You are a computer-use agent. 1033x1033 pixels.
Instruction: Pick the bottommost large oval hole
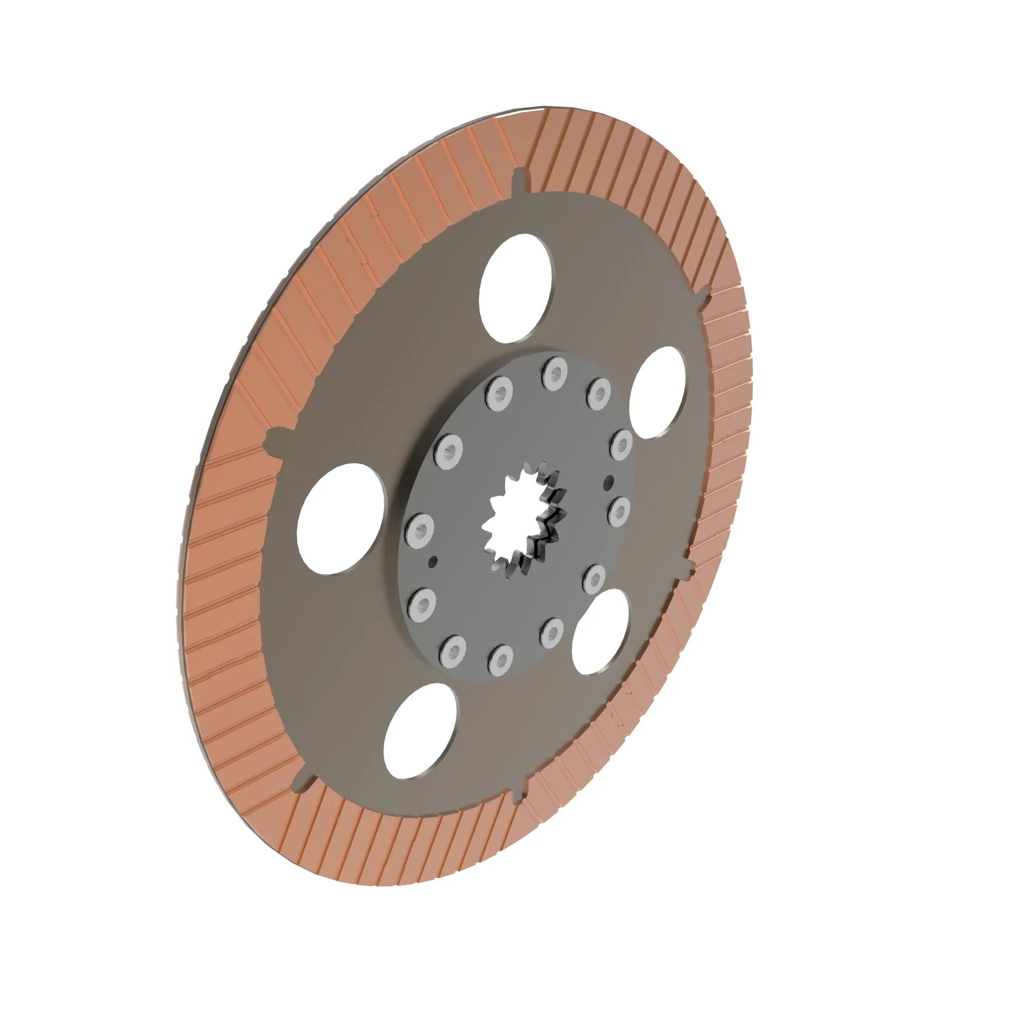(420, 730)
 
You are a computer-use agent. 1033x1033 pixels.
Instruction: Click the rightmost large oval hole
(657, 392)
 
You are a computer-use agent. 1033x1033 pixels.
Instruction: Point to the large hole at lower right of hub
(599, 632)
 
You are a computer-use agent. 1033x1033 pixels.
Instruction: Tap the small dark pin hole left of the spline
(433, 561)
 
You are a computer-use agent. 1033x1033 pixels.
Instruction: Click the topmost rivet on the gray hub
(554, 373)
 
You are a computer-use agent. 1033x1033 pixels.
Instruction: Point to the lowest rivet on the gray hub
(501, 657)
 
